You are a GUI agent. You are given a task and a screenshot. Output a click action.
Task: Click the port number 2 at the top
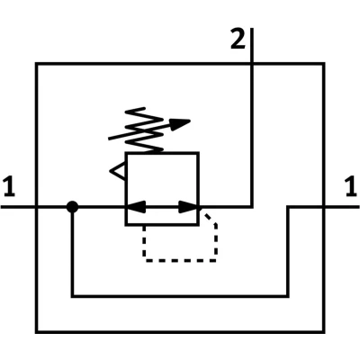pyautogui.click(x=238, y=39)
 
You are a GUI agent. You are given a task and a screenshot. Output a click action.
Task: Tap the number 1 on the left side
pyautogui.click(x=9, y=187)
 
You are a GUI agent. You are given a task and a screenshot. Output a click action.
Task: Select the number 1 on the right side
pyautogui.click(x=351, y=187)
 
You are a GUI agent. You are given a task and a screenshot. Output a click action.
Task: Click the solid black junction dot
pyautogui.click(x=72, y=207)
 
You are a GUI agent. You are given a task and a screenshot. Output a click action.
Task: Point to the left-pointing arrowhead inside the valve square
pyautogui.click(x=136, y=207)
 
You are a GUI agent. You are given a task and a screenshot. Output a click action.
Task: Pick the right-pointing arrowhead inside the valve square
pyautogui.click(x=189, y=207)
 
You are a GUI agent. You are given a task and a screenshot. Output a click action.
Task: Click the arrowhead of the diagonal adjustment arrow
pyautogui.click(x=180, y=123)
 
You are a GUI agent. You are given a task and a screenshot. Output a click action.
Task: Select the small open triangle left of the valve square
pyautogui.click(x=118, y=171)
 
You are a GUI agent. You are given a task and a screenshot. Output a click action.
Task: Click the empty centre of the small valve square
pyautogui.click(x=162, y=180)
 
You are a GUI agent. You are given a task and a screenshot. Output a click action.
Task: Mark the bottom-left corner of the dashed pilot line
pyautogui.click(x=145, y=260)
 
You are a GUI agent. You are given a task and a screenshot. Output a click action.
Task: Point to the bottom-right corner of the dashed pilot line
pyautogui.click(x=215, y=260)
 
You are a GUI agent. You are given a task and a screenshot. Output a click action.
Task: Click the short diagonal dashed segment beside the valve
pyautogui.click(x=210, y=219)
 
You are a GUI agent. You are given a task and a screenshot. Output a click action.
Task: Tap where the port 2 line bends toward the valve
pyautogui.click(x=252, y=207)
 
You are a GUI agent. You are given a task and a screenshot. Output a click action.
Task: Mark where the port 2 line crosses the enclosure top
pyautogui.click(x=252, y=64)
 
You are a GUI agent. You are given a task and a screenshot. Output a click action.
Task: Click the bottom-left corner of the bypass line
pyautogui.click(x=72, y=296)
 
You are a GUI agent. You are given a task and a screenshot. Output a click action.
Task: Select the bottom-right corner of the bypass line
pyautogui.click(x=288, y=296)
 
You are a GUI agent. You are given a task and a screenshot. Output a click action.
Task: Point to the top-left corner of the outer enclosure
pyautogui.click(x=36, y=64)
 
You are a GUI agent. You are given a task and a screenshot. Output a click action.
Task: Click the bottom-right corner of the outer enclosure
pyautogui.click(x=324, y=332)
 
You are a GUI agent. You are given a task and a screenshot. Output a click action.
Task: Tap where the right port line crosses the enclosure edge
pyautogui.click(x=324, y=207)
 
